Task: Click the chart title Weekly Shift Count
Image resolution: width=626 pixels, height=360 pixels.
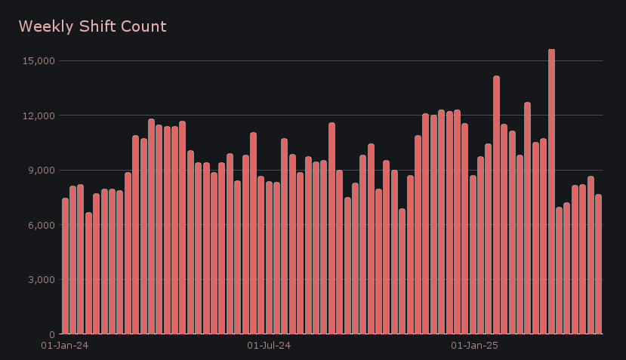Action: point(92,27)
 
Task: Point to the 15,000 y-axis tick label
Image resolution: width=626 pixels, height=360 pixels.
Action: point(35,60)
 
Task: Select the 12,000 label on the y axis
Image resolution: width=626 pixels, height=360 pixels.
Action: point(35,115)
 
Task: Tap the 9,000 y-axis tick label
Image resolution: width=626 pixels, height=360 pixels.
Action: point(38,170)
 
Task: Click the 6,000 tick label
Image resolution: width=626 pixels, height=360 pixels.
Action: point(38,225)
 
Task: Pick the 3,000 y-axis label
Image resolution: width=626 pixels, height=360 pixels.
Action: point(38,279)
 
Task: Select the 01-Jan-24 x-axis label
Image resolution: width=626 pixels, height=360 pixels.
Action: point(64,346)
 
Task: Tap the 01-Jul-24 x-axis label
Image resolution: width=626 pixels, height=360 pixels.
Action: point(269,346)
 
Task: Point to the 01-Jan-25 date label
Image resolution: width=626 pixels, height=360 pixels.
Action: point(474,346)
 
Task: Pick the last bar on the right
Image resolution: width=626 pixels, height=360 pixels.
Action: point(598,264)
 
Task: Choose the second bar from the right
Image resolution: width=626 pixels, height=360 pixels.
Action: point(591,256)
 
